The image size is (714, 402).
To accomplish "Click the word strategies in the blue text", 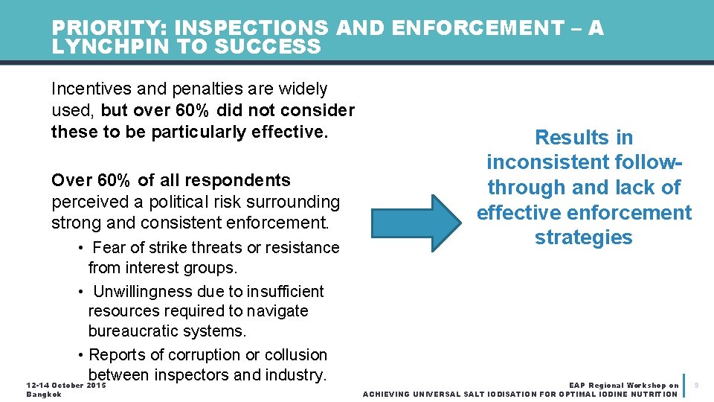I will click(583, 237).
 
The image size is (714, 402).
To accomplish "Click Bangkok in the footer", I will click(44, 394).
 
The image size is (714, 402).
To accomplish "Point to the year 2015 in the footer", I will click(96, 385).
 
